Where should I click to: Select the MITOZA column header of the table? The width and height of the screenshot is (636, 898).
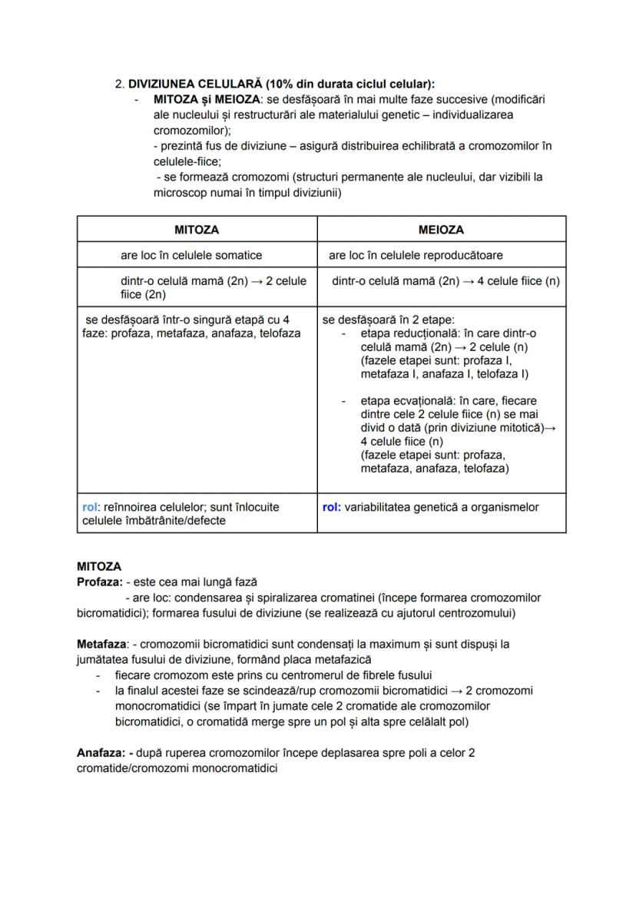[197, 230]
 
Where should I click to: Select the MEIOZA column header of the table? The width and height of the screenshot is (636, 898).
[441, 230]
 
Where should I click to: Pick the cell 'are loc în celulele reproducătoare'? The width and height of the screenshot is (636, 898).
[415, 255]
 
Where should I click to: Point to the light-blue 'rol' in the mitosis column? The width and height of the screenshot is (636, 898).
[90, 507]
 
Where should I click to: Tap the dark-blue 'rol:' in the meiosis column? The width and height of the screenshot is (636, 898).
[332, 507]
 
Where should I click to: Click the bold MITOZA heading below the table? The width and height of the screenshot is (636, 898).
[99, 567]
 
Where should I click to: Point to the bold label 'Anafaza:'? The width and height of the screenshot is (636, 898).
[101, 753]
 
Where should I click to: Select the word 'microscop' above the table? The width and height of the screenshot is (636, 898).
[179, 193]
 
